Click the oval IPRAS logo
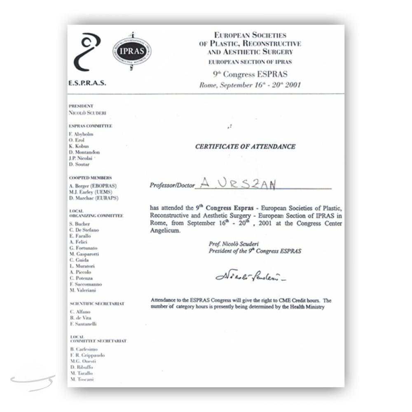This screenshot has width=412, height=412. pyautogui.click(x=132, y=51)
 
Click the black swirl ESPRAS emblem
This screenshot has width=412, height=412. pyautogui.click(x=87, y=52)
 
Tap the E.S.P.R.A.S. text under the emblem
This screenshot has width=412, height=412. pyautogui.click(x=87, y=83)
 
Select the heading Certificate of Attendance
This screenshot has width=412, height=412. pyautogui.click(x=245, y=146)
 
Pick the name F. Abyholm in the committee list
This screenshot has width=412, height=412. pyautogui.click(x=82, y=134)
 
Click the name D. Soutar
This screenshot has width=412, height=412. pyautogui.click(x=79, y=164)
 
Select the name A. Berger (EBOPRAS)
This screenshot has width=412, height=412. pyautogui.click(x=93, y=186)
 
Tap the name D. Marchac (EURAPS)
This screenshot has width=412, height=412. pyautogui.click(x=94, y=198)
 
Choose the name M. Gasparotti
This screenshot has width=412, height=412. pyautogui.click(x=84, y=254)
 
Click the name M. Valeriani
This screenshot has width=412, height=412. pyautogui.click(x=83, y=290)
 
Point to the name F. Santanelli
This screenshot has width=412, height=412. pyautogui.click(x=83, y=324)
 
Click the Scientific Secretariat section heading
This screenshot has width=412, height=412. pyautogui.click(x=97, y=304)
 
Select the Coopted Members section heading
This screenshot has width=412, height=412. pyautogui.click(x=90, y=178)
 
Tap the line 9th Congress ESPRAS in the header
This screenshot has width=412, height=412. pyautogui.click(x=250, y=75)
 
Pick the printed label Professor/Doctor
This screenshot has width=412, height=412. pyautogui.click(x=172, y=185)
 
